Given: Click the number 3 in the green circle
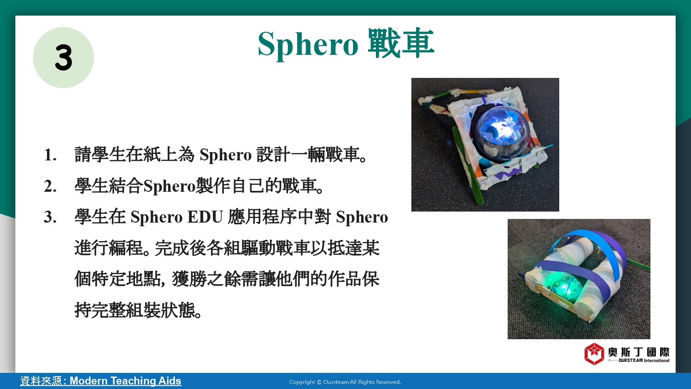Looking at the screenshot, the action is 64,58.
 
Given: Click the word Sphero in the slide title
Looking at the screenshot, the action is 308,44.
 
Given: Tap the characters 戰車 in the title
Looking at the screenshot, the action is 401,43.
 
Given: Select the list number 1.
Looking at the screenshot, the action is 50,155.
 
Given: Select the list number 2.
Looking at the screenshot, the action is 50,186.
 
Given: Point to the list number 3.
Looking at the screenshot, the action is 50,217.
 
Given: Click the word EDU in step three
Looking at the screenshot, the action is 205,217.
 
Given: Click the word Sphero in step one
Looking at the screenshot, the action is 226,155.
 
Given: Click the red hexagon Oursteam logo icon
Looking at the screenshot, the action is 594,354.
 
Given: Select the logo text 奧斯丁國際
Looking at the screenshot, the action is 638,352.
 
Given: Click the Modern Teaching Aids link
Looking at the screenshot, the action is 125,381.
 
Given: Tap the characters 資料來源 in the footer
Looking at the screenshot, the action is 41,381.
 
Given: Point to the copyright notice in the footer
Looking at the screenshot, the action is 345,382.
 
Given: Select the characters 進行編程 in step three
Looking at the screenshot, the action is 109,248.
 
